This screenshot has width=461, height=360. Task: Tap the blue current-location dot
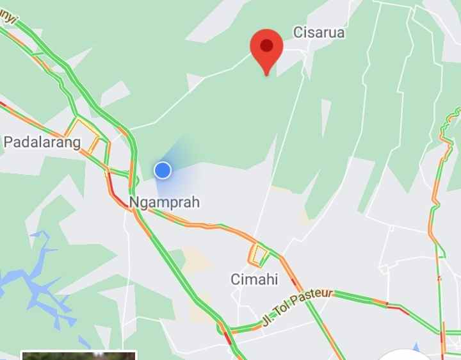pos(163,170)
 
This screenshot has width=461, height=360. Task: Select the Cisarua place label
pos(319,32)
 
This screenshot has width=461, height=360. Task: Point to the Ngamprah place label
pos(165,202)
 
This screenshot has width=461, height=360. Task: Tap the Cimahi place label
pos(254,279)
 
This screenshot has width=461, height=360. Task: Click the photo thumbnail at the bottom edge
pos(78,355)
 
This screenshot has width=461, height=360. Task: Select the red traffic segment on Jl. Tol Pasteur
pos(398,310)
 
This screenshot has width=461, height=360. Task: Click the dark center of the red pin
pos(267,45)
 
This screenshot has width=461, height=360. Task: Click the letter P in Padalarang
pos(8,142)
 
